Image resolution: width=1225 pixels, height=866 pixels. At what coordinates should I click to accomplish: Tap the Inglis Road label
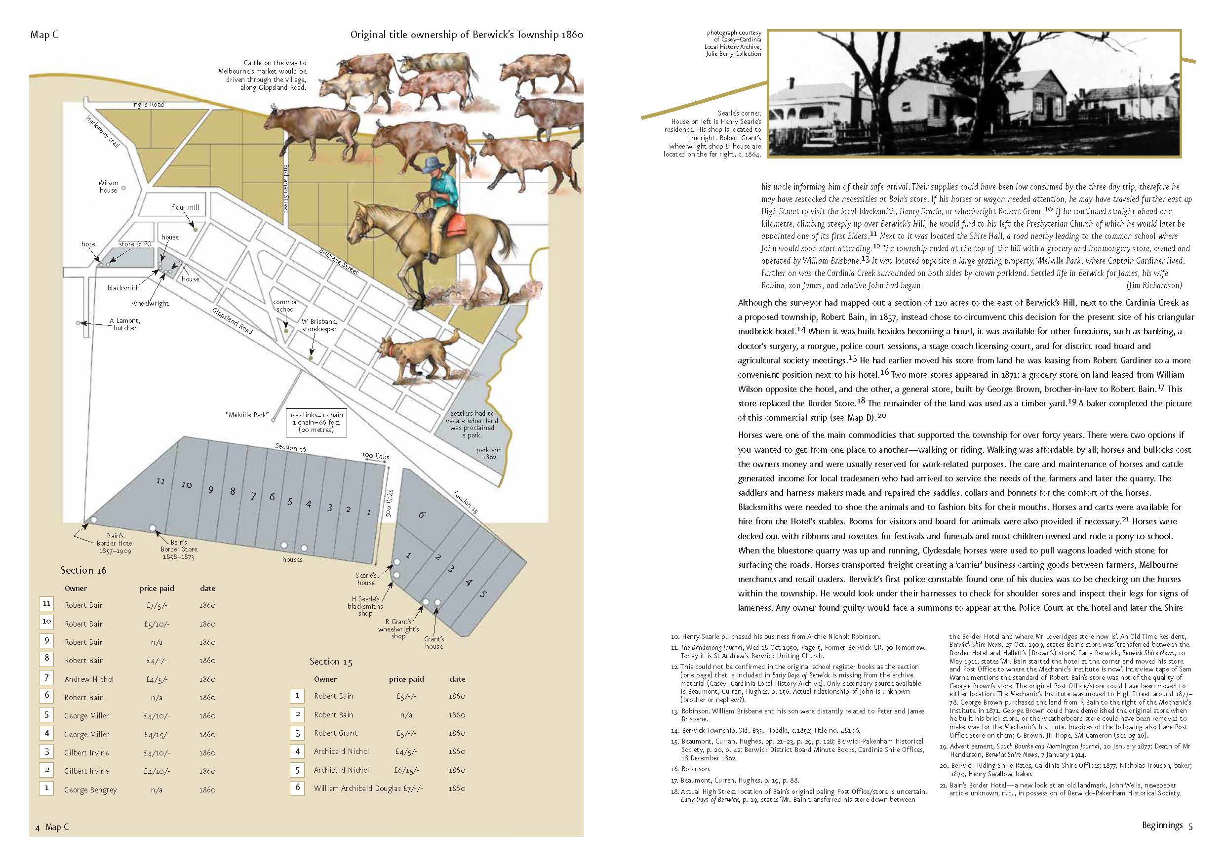click(x=148, y=105)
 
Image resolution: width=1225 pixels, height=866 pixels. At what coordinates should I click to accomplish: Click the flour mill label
click(x=185, y=207)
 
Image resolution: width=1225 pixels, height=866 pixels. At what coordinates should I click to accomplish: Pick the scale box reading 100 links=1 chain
click(x=316, y=422)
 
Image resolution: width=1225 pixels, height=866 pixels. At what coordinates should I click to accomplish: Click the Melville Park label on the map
click(x=246, y=415)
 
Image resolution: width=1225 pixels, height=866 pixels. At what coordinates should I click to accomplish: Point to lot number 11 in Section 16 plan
click(x=160, y=481)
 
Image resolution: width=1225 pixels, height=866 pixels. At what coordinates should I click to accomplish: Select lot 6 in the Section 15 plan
click(x=422, y=515)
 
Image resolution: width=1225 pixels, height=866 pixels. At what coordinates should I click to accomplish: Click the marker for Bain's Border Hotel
click(x=94, y=520)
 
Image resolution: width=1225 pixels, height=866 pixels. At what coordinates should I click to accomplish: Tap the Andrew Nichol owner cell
click(x=89, y=679)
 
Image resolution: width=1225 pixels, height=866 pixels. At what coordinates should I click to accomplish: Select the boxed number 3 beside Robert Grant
click(x=298, y=733)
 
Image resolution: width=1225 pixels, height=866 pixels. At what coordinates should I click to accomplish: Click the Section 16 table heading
click(x=83, y=570)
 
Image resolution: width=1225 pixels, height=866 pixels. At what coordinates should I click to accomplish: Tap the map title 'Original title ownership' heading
click(x=466, y=35)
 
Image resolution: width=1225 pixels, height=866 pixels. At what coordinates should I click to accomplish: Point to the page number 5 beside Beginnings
click(x=1190, y=827)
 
